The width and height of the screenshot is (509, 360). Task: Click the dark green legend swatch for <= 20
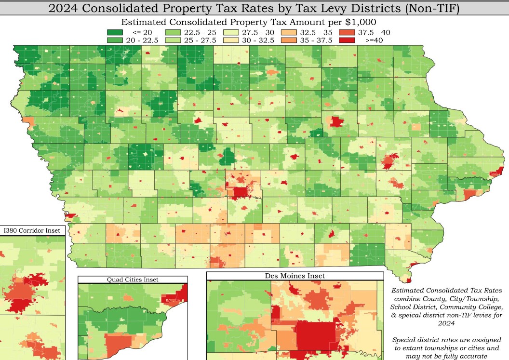pos(114,32)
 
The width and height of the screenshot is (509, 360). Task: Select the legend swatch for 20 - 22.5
pos(114,40)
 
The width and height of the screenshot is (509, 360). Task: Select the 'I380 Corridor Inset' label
pos(32,230)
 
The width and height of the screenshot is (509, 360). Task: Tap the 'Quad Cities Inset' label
pos(133,280)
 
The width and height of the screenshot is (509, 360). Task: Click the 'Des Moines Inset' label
pos(295,276)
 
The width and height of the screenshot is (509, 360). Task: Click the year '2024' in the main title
pos(65,8)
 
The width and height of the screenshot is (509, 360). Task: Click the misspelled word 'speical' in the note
pos(413,315)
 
